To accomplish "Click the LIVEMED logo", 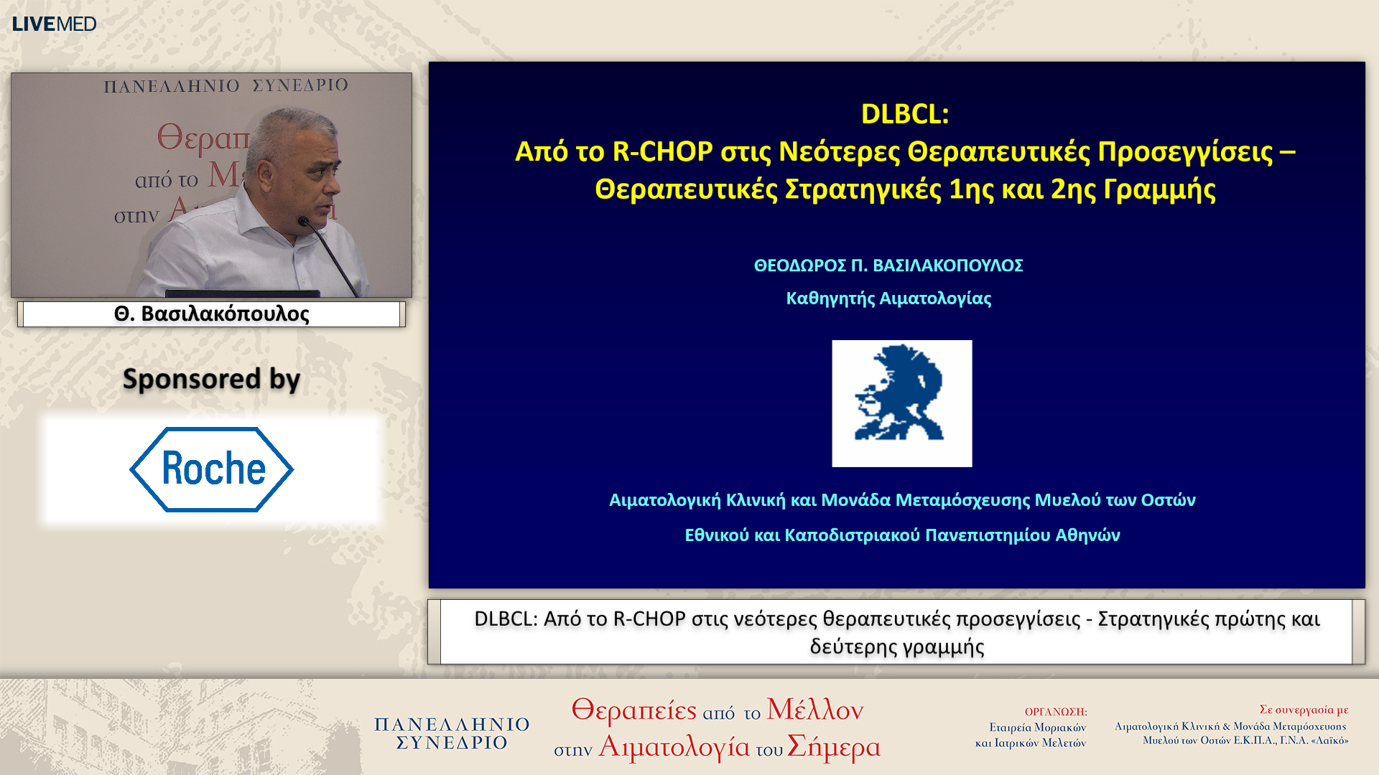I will pyautogui.click(x=54, y=24).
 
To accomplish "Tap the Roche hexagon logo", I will pyautogui.click(x=211, y=469).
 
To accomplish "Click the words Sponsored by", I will pyautogui.click(x=211, y=379).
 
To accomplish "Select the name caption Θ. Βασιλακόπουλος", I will pyautogui.click(x=211, y=314).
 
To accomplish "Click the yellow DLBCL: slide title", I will pyautogui.click(x=904, y=114).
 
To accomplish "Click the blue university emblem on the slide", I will pyautogui.click(x=901, y=403).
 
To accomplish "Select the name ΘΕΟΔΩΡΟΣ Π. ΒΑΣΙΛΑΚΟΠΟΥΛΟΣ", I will pyautogui.click(x=888, y=266).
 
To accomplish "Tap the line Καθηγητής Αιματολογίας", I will pyautogui.click(x=888, y=299).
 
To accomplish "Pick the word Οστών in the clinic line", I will pyautogui.click(x=1168, y=500).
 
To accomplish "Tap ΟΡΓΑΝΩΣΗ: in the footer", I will pyautogui.click(x=1055, y=712).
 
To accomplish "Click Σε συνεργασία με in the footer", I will pyautogui.click(x=1303, y=710).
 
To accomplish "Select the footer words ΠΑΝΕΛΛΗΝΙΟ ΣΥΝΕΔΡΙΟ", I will pyautogui.click(x=452, y=733).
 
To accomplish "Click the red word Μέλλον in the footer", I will pyautogui.click(x=814, y=710).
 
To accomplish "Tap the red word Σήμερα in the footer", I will pyautogui.click(x=833, y=747).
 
